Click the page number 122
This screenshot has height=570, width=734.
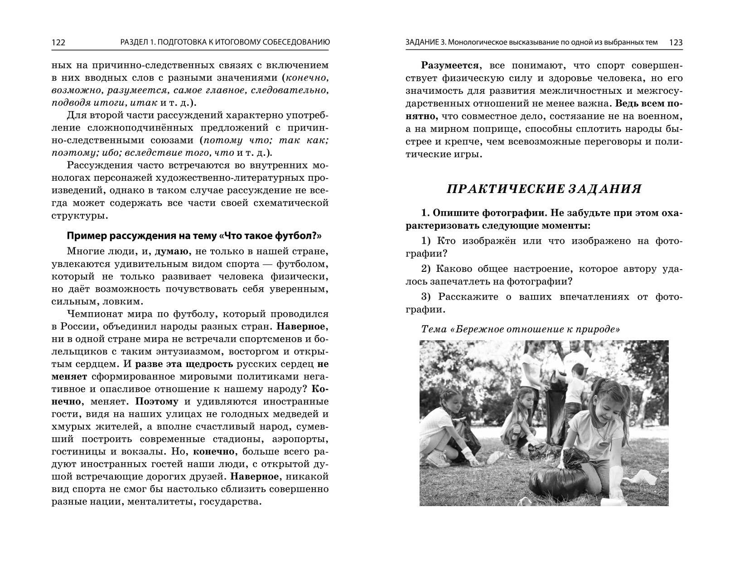point(58,43)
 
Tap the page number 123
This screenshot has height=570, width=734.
point(676,43)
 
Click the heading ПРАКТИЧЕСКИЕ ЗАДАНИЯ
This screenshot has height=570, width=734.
point(544,189)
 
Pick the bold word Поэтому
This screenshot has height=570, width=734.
point(157,401)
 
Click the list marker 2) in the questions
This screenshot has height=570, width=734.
point(427,269)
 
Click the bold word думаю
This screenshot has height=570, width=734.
point(170,251)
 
